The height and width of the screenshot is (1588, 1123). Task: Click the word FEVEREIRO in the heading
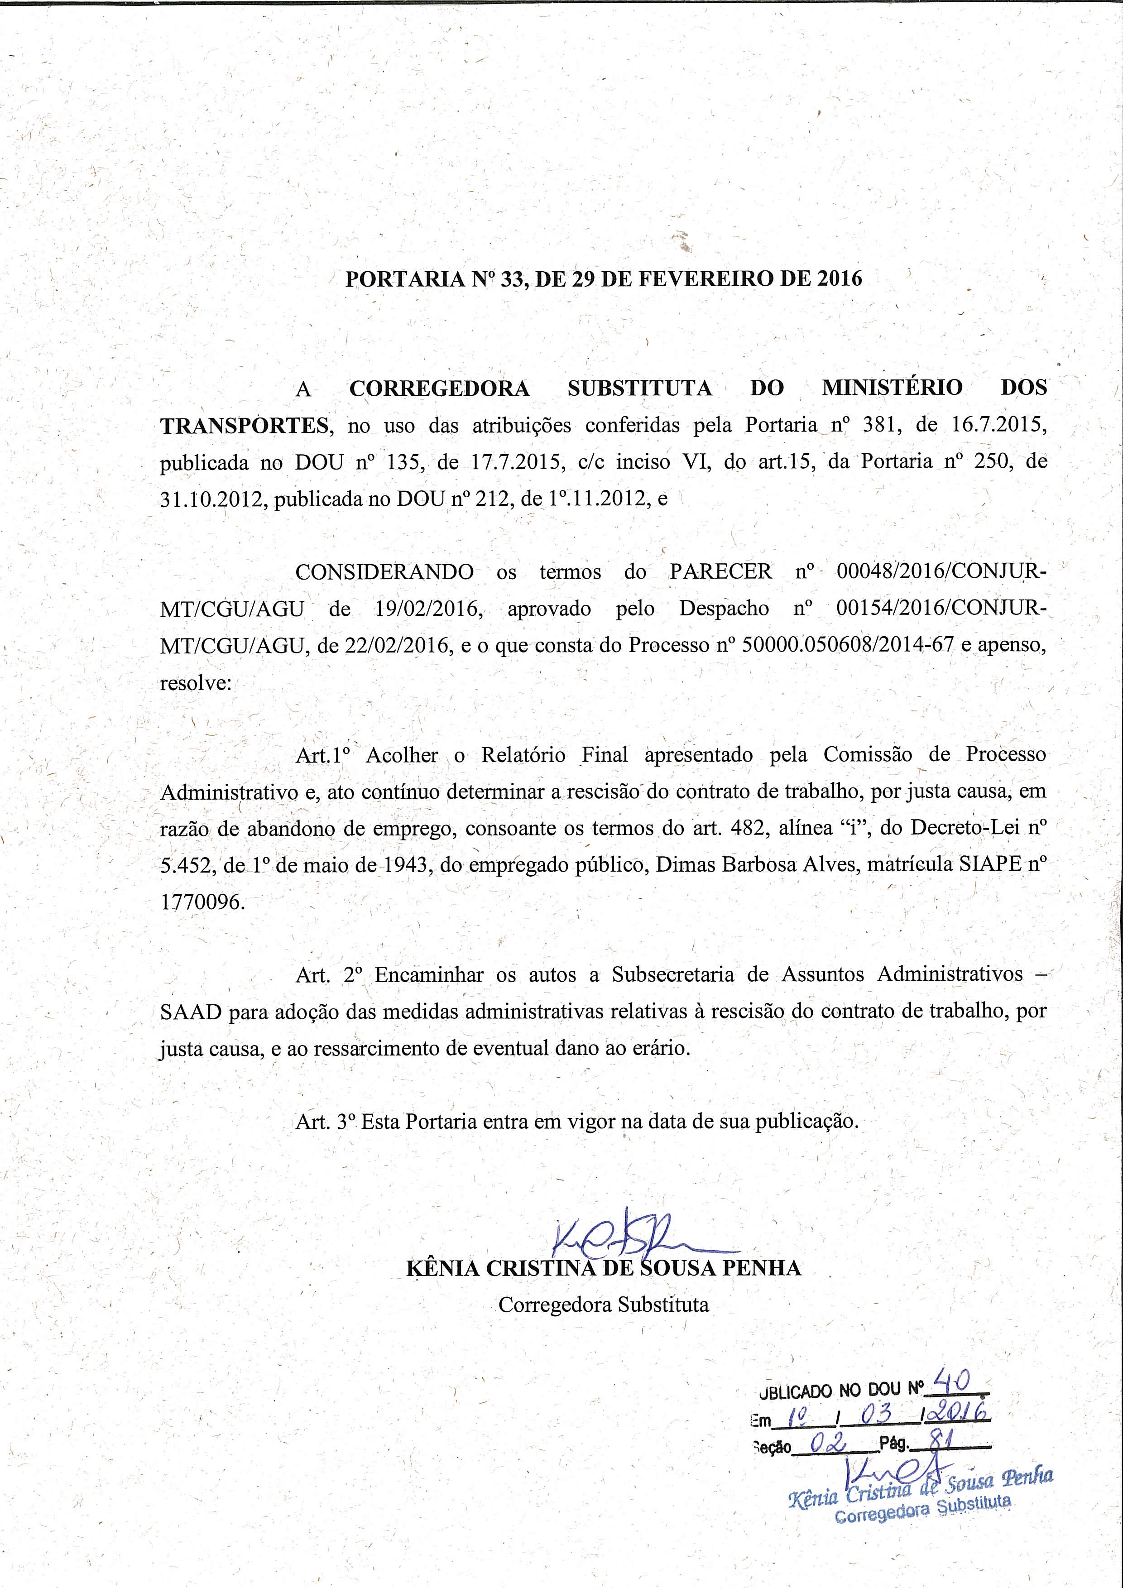[687, 279]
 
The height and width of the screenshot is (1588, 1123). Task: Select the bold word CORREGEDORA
[440, 388]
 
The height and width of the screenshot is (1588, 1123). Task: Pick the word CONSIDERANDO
[384, 572]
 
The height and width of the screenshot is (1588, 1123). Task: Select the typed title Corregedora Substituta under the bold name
[604, 1305]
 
